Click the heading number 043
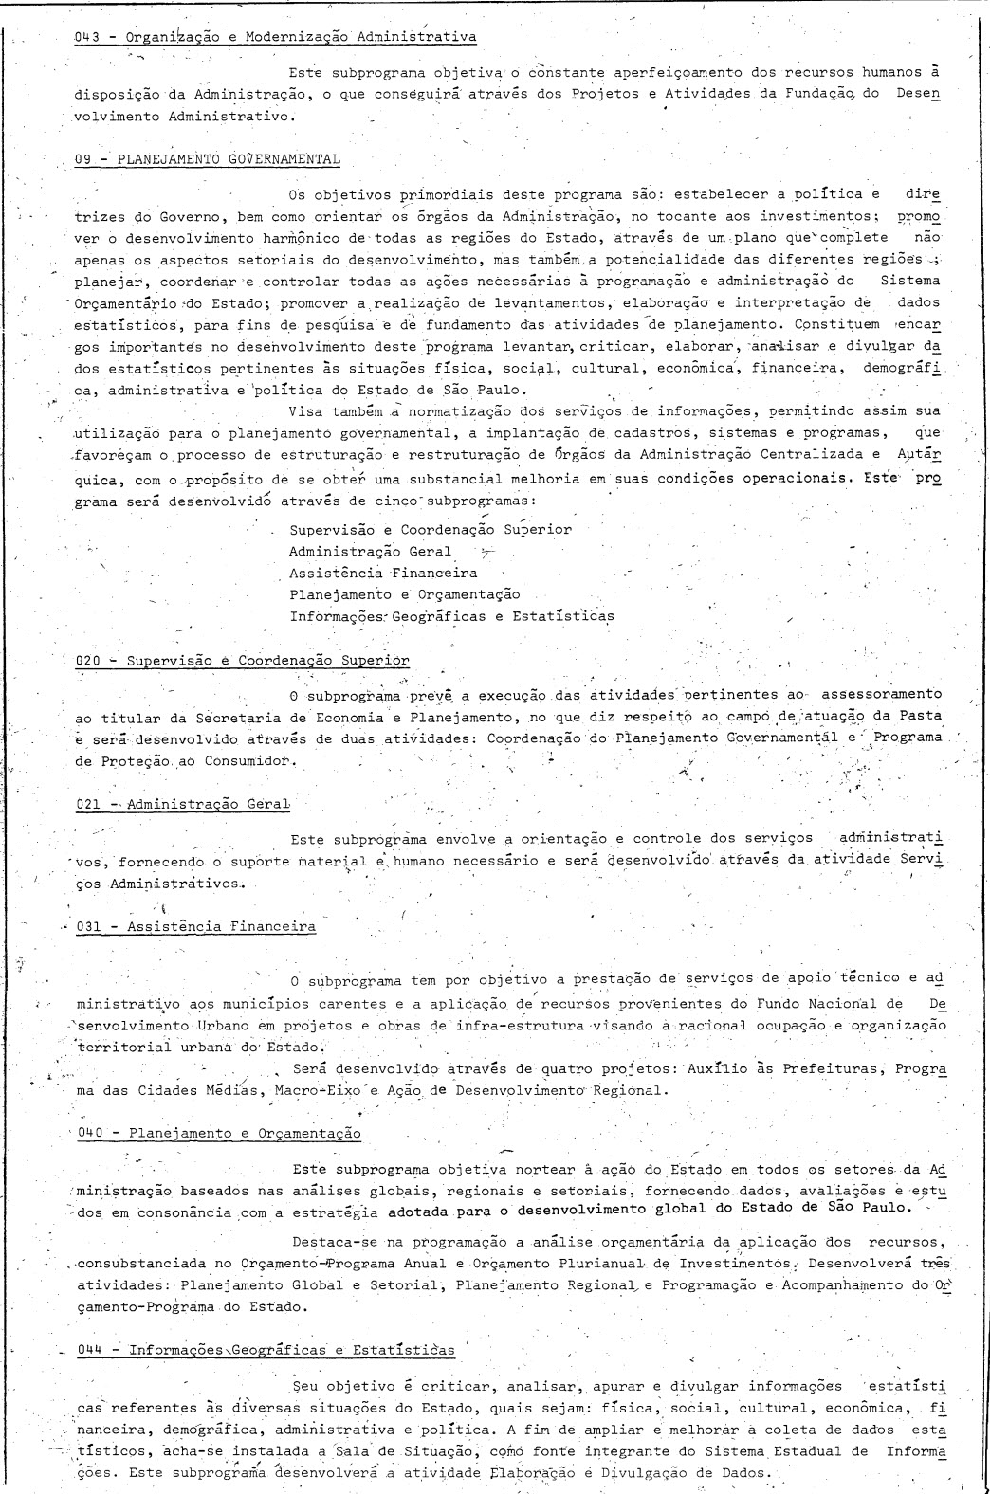point(87,38)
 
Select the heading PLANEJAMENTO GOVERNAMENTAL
point(229,159)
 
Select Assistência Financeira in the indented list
point(383,573)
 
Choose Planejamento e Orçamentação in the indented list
point(404,594)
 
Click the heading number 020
point(87,661)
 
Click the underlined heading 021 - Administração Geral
point(181,805)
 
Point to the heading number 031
point(89,927)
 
